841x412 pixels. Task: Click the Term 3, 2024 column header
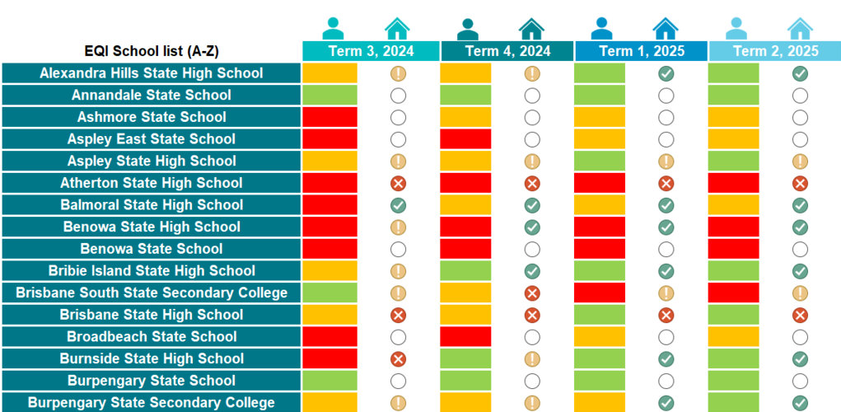(x=371, y=51)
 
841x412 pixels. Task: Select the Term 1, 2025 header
(x=641, y=51)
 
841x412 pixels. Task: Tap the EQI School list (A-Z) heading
(x=152, y=51)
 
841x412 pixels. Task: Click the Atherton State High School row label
(x=152, y=183)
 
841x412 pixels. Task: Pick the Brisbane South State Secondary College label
(x=152, y=293)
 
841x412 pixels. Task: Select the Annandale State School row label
(x=152, y=95)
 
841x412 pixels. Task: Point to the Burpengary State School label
(x=152, y=381)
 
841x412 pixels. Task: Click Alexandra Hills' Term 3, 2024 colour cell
(x=329, y=73)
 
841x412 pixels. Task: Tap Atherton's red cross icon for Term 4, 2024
(x=532, y=183)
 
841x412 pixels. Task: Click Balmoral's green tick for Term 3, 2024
(x=398, y=205)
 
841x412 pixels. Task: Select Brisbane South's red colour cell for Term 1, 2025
(x=600, y=293)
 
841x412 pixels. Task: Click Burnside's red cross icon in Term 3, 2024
(x=398, y=358)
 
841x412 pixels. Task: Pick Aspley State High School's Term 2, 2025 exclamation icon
(x=800, y=162)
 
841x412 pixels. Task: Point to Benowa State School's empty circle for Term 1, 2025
(x=666, y=249)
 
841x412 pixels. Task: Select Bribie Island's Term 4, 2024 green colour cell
(x=465, y=271)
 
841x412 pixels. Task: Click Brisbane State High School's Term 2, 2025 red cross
(x=800, y=315)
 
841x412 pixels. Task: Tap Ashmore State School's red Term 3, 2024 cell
(x=329, y=117)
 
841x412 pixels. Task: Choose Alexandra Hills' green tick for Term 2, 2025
(x=800, y=73)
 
